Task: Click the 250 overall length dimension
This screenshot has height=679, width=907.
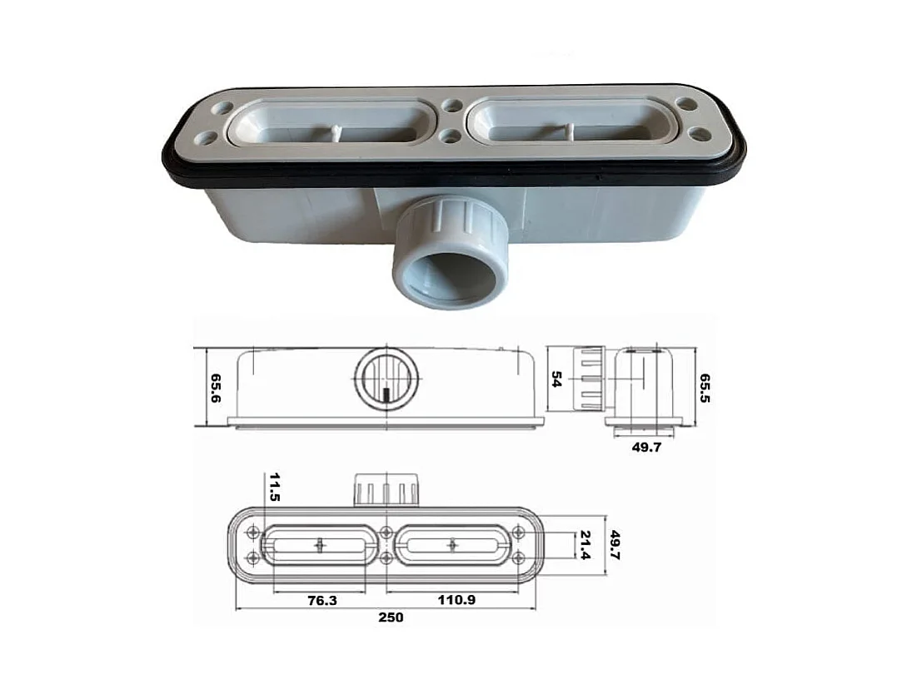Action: [x=391, y=617]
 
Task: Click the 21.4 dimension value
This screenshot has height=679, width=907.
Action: [x=586, y=545]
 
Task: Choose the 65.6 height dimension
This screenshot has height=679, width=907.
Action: [x=215, y=388]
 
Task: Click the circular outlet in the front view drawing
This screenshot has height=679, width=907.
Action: [x=386, y=380]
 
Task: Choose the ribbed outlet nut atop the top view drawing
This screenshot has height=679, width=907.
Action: [x=385, y=490]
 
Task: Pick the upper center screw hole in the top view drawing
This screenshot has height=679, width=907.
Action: [x=386, y=531]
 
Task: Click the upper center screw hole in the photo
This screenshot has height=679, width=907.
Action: [x=452, y=107]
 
